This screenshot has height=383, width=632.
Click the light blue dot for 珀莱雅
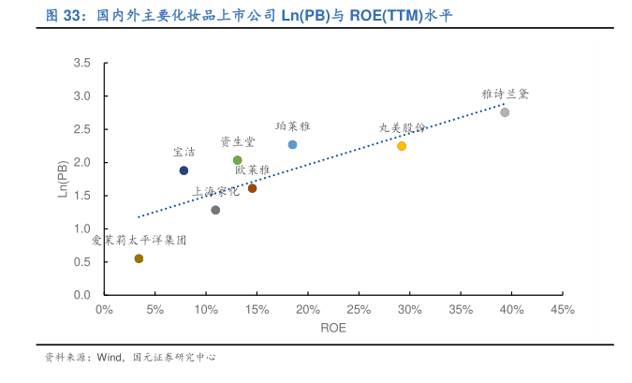point(292,145)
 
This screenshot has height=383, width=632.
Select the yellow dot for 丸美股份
point(402,146)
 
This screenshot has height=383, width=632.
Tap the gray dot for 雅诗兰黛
point(505,112)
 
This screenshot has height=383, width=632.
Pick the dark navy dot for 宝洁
point(184,170)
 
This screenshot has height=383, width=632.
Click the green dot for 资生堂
point(238,160)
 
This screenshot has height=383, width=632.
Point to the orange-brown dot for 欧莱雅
point(252,188)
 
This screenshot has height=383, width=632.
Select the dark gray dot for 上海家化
point(215,210)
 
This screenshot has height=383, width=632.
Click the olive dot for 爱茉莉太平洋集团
point(139,258)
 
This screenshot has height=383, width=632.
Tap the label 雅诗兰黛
point(506,95)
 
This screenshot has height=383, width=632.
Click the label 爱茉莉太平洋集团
point(139,241)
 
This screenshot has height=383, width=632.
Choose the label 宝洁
point(184,152)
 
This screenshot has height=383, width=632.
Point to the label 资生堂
point(237,141)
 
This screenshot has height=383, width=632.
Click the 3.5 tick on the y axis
point(82,64)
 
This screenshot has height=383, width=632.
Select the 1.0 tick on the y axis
point(82,229)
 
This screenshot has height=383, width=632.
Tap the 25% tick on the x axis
point(359,309)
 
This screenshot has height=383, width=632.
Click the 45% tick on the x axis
point(563,309)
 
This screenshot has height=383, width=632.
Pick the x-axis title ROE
point(333,328)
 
